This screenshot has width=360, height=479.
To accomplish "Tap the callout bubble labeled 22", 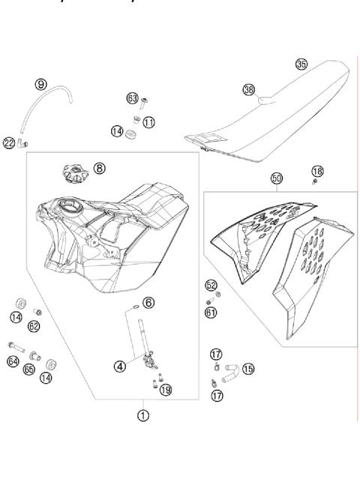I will (x=9, y=142).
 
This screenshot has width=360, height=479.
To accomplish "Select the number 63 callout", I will (x=132, y=98).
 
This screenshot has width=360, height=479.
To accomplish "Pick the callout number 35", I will (x=301, y=64).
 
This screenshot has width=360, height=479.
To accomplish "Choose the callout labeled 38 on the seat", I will (x=249, y=89).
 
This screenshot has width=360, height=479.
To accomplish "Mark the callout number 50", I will (x=277, y=178).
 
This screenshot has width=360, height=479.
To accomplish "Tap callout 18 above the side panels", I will (x=318, y=172).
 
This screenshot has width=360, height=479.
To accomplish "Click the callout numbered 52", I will (x=211, y=286).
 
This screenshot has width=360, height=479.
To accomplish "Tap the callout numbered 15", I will (x=247, y=368).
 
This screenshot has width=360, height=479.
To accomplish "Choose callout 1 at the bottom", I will (x=143, y=412).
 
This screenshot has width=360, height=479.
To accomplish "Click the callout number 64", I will (x=13, y=362).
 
